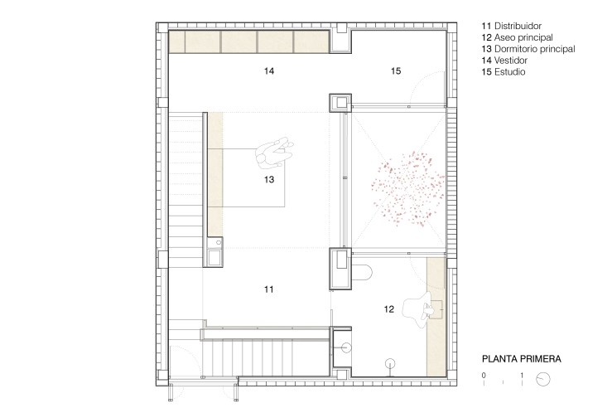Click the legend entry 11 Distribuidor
[511, 27]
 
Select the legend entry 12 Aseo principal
[517, 37]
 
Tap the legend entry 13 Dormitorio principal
[528, 49]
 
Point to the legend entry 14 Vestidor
[504, 61]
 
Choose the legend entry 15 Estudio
[504, 72]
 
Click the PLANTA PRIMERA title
[522, 359]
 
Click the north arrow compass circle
[543, 379]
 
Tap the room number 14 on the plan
[269, 70]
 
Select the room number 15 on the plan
[396, 70]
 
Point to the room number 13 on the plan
[269, 179]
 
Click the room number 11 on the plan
[268, 289]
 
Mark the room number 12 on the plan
[388, 309]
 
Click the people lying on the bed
[274, 153]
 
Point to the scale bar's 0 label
[484, 375]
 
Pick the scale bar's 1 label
[522, 375]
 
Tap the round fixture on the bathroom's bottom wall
[390, 364]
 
